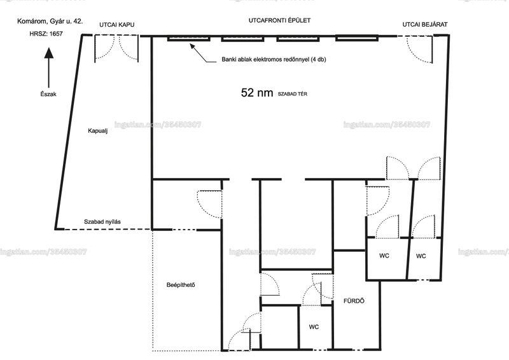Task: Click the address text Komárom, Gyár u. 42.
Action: click(50, 22)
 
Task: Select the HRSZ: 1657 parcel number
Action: click(46, 34)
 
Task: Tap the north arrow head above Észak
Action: click(49, 53)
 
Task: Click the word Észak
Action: click(48, 94)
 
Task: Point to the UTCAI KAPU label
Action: click(117, 25)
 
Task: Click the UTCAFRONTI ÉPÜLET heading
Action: click(279, 20)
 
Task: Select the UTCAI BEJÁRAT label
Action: click(425, 24)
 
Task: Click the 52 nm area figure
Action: click(257, 92)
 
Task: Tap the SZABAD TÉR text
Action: click(292, 94)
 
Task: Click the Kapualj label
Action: click(98, 131)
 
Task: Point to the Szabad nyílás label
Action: click(102, 222)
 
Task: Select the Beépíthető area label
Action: click(181, 285)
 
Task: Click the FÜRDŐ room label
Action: click(354, 301)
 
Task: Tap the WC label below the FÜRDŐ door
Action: click(314, 327)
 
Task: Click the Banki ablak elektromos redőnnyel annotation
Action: click(274, 59)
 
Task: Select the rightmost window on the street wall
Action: click(357, 38)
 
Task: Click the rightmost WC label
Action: click(421, 256)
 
